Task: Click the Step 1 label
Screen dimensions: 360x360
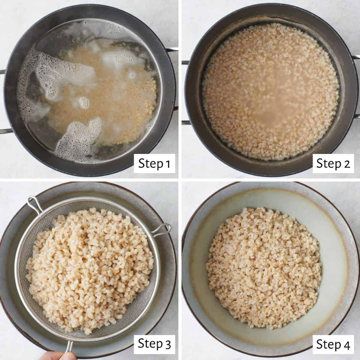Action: click(x=154, y=163)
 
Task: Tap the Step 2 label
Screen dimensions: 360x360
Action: click(x=333, y=163)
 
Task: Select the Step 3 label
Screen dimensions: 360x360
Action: click(x=154, y=344)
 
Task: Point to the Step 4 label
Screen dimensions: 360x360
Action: click(x=333, y=344)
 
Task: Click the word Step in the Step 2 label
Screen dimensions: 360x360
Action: click(x=329, y=164)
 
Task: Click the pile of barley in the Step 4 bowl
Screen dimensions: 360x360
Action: click(x=264, y=268)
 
